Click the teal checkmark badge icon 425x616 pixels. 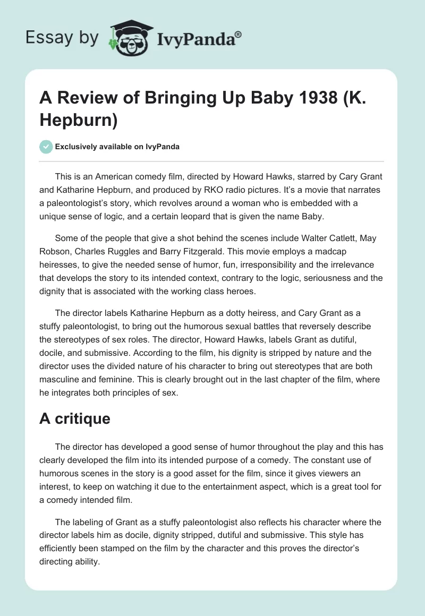(46, 147)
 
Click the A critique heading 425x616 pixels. (75, 418)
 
